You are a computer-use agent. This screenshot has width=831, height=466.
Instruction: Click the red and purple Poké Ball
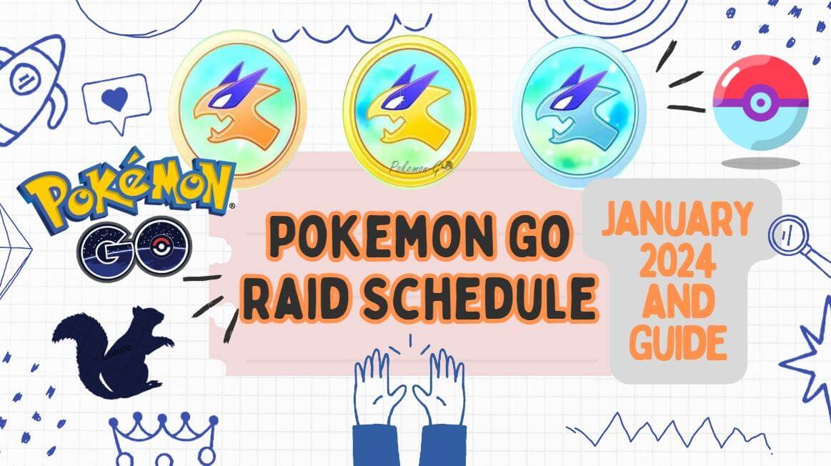pyautogui.click(x=760, y=103)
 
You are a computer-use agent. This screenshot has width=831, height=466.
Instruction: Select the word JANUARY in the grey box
pyautogui.click(x=676, y=222)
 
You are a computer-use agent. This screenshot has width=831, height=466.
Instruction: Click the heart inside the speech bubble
pyautogui.click(x=114, y=99)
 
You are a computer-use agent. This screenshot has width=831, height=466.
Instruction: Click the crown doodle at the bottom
pyautogui.click(x=164, y=436)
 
